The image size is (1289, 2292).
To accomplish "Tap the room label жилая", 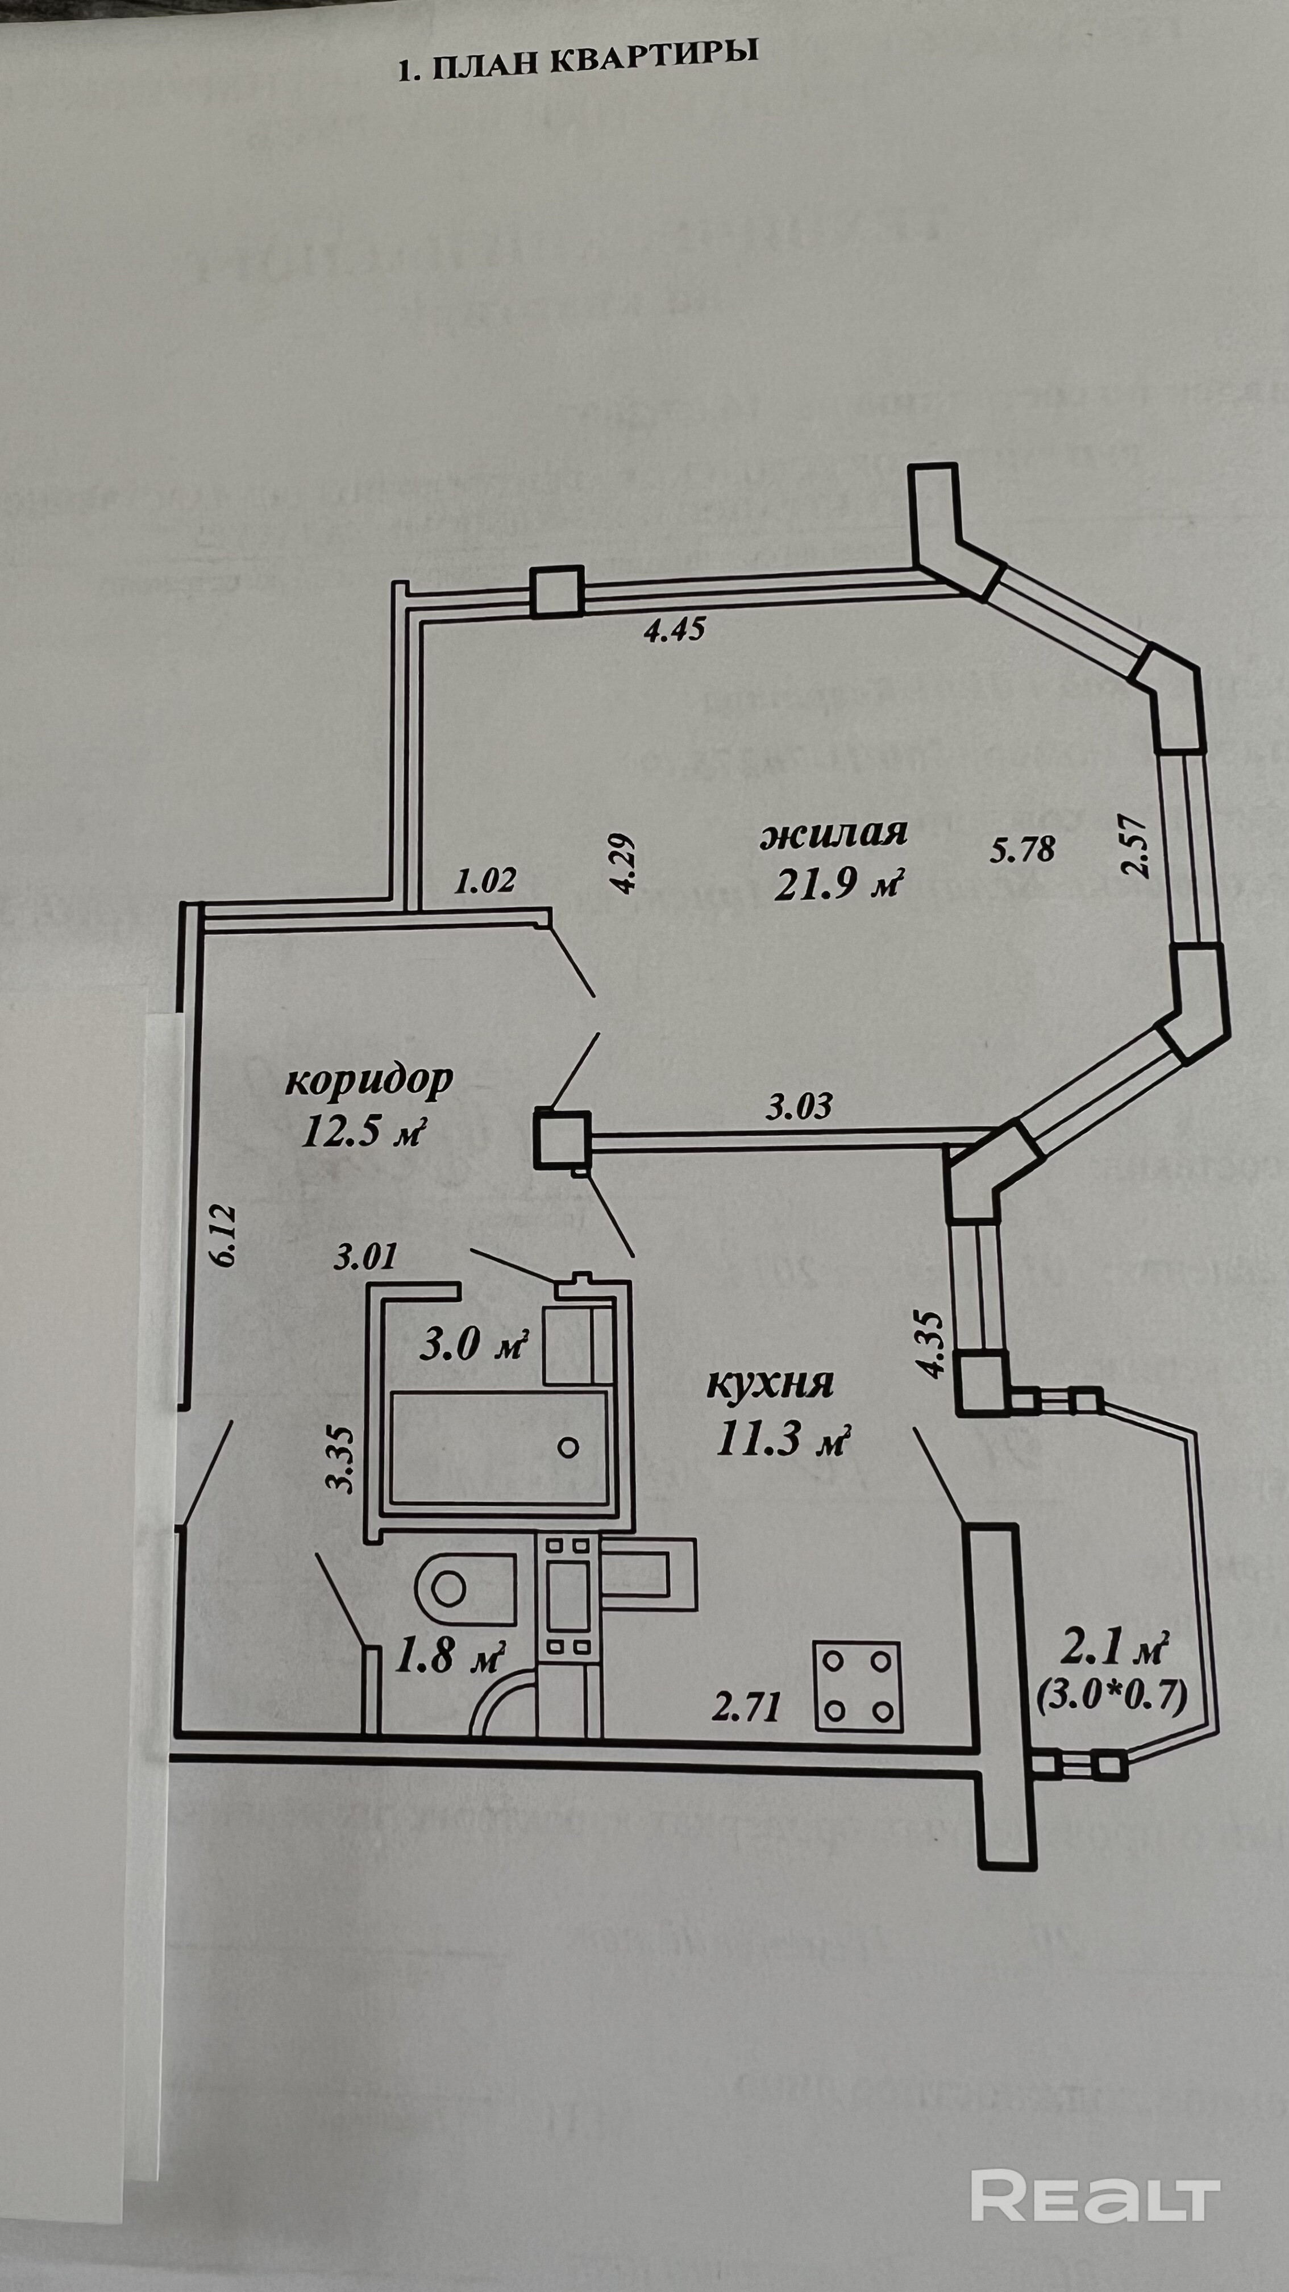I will point(834,834).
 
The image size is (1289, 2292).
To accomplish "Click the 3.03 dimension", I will point(800,1106).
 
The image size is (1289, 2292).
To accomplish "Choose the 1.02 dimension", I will point(485,881).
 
